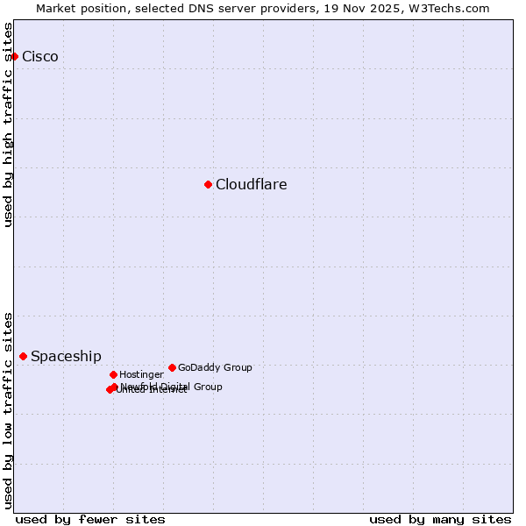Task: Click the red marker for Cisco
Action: (14, 56)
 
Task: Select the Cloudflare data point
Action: (208, 184)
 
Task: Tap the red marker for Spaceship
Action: (23, 356)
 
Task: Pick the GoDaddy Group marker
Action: (172, 367)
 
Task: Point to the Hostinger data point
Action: (113, 374)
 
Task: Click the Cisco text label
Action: (40, 57)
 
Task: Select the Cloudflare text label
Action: (252, 185)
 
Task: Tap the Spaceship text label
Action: (66, 357)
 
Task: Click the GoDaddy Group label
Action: (215, 368)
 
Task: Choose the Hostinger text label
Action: (141, 375)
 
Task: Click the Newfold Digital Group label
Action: (172, 387)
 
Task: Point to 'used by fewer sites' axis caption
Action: (90, 519)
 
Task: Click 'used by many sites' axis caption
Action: (440, 519)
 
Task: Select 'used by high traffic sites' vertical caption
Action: (8, 124)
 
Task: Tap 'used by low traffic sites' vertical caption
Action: (8, 409)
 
